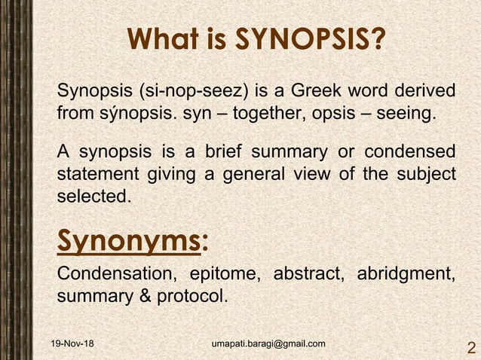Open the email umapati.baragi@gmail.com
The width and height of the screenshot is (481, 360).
(x=268, y=344)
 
